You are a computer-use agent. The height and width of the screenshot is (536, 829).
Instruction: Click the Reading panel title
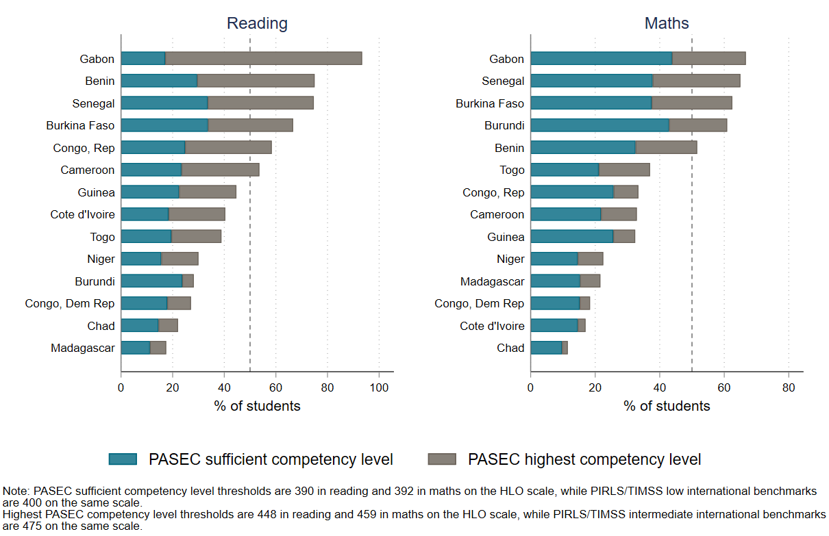(257, 23)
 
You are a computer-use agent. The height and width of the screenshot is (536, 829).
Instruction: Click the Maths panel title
(666, 23)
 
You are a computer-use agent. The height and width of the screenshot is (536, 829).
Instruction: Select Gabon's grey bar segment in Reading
(264, 59)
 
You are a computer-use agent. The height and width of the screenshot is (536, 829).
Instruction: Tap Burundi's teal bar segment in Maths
(599, 125)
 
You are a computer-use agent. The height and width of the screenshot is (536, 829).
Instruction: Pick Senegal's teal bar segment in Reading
(164, 103)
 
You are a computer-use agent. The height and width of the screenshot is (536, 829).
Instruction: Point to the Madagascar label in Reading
(82, 348)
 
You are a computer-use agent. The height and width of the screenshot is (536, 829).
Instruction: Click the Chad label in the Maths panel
(510, 348)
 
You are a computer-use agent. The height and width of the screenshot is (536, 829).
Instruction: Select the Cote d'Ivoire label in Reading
(82, 214)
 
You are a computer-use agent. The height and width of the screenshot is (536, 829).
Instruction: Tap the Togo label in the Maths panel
(512, 170)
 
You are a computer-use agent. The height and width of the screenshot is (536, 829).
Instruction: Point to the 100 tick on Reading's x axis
(379, 387)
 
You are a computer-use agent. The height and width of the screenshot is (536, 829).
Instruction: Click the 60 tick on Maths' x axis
(724, 387)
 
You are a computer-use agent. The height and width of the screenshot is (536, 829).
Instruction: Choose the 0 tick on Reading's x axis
(121, 387)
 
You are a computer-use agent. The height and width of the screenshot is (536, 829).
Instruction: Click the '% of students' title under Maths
(666, 406)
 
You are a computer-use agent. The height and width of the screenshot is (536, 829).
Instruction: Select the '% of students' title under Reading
(257, 406)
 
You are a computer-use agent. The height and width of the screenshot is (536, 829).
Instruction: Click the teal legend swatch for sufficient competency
(123, 459)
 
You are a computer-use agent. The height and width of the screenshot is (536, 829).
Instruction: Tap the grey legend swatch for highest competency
(443, 459)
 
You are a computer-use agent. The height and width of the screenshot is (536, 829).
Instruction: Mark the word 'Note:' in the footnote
(16, 492)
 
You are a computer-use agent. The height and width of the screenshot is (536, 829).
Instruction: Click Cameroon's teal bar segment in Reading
(151, 170)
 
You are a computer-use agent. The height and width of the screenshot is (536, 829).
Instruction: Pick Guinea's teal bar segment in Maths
(572, 237)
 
